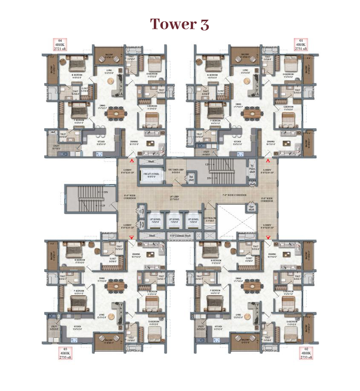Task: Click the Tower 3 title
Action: (179, 24)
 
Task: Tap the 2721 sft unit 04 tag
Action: (60, 45)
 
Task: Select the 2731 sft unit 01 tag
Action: (300, 45)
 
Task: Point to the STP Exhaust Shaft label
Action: (180, 236)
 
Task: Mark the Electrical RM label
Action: (210, 220)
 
